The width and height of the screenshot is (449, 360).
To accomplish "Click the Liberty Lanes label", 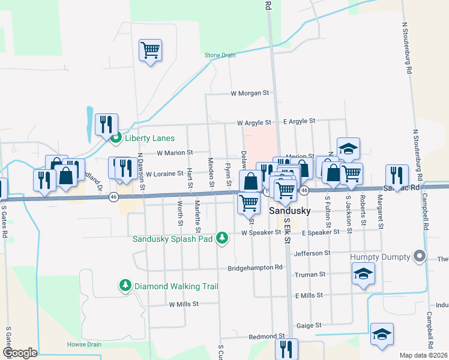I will [149, 138].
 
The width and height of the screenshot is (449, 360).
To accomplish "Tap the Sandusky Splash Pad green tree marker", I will [222, 239].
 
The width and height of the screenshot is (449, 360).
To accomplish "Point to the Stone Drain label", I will [220, 55].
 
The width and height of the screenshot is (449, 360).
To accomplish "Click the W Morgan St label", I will [251, 94].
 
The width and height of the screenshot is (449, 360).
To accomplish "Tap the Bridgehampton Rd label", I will [255, 268].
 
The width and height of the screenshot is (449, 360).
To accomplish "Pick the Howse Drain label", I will [77, 344].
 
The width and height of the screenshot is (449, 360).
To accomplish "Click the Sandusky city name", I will [289, 211].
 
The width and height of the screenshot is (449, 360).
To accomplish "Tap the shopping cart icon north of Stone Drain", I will [150, 51].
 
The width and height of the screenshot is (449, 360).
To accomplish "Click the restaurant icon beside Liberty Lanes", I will [106, 125].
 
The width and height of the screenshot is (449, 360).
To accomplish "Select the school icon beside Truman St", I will [363, 274].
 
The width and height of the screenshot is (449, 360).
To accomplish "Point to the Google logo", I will [20, 352].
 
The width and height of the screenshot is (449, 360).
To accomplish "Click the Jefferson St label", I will [312, 254].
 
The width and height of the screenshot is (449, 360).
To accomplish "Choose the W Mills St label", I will [184, 304].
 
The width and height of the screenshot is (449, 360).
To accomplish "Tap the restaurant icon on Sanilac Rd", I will [397, 175].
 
